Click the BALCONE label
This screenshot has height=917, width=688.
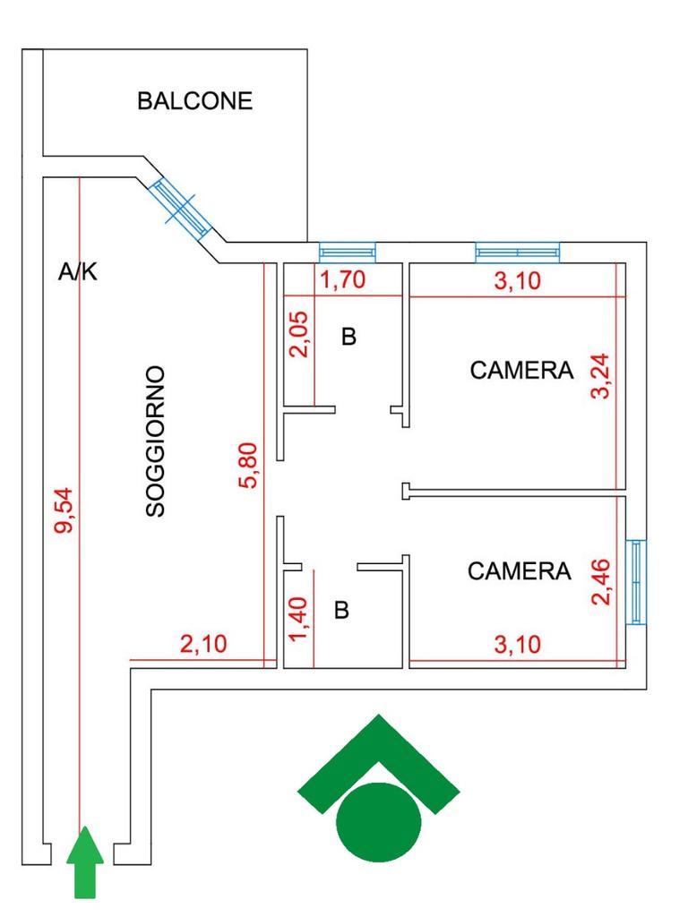point(194,101)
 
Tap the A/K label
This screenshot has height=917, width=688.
point(78,272)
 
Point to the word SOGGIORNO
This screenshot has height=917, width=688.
point(155,441)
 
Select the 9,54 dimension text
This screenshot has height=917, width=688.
point(64,510)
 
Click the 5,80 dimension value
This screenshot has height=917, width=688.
point(248,465)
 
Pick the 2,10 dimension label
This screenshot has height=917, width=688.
point(203,644)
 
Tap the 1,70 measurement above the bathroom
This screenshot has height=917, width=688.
point(343,279)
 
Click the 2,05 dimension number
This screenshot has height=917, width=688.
point(298,334)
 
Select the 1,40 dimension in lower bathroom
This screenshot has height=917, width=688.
point(298,619)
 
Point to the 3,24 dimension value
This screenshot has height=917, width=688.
point(601,376)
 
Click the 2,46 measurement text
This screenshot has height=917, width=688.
point(601,582)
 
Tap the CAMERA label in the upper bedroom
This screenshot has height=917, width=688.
point(521,370)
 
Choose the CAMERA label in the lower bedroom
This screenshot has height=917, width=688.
point(519,571)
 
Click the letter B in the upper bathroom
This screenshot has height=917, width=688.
point(348,337)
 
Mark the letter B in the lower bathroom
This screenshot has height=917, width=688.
point(341,610)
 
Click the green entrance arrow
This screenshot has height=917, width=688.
point(85,861)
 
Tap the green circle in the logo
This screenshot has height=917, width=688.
point(379,822)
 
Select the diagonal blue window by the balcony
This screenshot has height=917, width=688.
point(179,210)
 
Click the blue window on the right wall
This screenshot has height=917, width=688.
point(636,581)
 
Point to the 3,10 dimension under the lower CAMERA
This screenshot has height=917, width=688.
point(518,645)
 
